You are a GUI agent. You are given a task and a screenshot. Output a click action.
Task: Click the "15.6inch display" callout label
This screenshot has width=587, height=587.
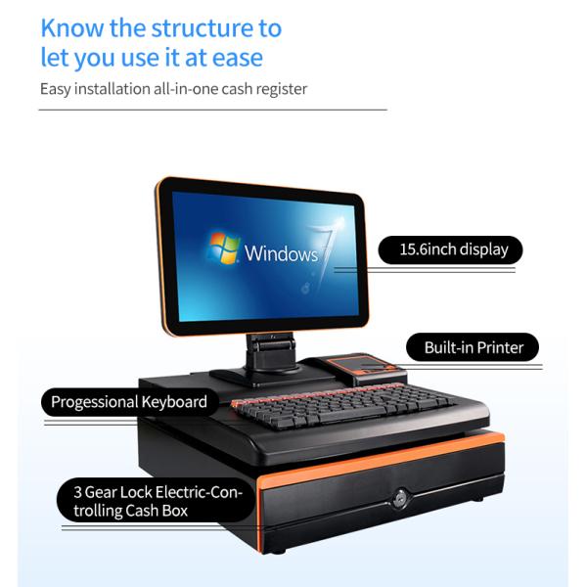coord(453,249)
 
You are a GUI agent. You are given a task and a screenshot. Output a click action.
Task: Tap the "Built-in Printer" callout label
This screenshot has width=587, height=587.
coord(474,347)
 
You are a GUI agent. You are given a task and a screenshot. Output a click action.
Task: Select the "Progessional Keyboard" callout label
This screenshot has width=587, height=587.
coord(128,402)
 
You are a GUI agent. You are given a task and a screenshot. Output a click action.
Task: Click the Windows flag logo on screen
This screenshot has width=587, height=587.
coord(223,249)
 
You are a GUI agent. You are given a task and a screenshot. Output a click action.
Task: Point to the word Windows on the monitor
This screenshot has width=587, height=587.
coord(281,254)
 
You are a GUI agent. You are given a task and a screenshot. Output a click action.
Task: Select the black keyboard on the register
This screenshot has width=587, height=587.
coord(342,406)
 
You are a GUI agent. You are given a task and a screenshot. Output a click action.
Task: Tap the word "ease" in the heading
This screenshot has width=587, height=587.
coord(238,58)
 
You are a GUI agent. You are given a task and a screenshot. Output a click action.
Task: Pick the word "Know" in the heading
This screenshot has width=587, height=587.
coord(68,27)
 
